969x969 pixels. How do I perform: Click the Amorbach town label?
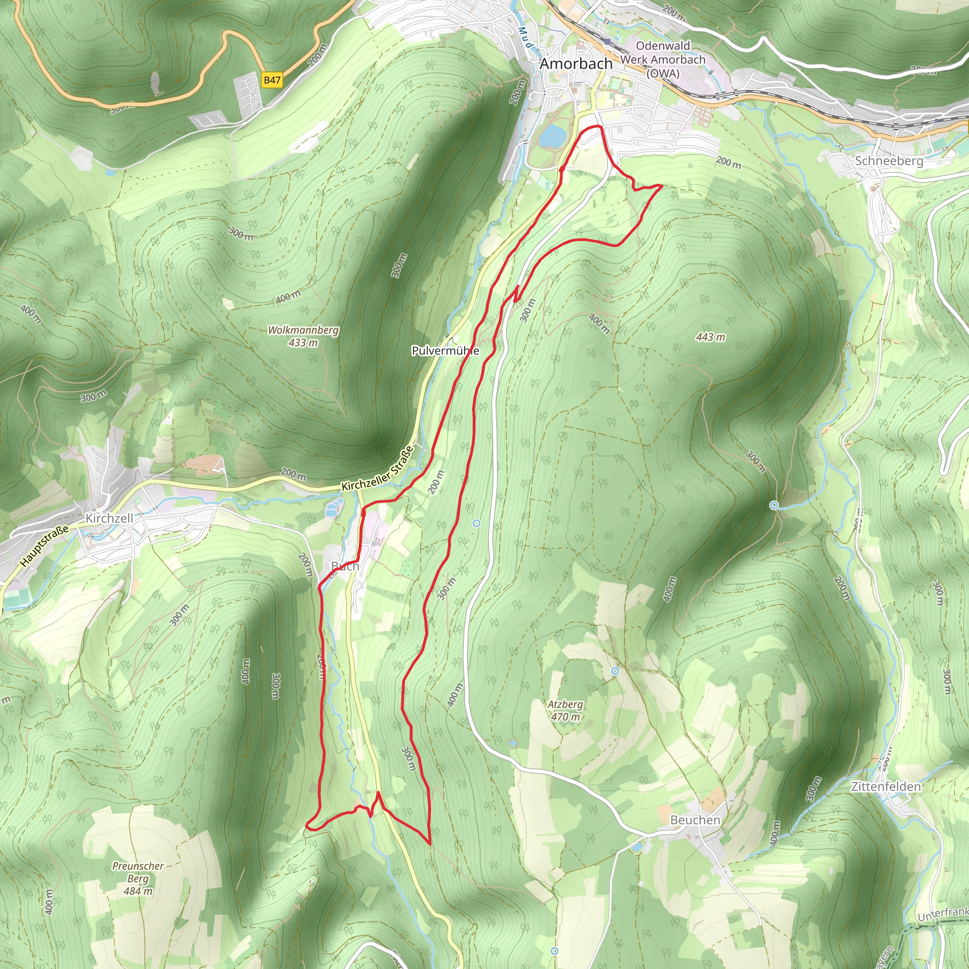[x=576, y=64]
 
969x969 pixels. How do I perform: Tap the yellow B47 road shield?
[x=272, y=80]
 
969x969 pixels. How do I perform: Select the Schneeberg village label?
[x=889, y=161]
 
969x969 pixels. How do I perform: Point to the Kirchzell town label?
[x=109, y=518]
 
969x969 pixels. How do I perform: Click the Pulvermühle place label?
[x=445, y=351]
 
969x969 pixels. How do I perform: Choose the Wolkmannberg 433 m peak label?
[x=303, y=336]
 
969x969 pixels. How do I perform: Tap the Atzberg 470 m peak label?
[x=565, y=710]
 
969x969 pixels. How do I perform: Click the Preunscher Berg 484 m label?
[x=138, y=878]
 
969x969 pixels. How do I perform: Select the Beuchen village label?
[x=695, y=820]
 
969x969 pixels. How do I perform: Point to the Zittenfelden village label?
[x=886, y=786]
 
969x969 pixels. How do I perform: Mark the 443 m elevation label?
[x=710, y=337]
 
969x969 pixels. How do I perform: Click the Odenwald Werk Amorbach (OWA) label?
[x=662, y=59]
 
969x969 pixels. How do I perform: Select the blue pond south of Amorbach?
[x=552, y=135]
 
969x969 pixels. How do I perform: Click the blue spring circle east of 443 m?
[x=774, y=506]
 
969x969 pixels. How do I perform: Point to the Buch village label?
[x=345, y=566]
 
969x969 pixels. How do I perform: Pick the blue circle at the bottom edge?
[x=554, y=951]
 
